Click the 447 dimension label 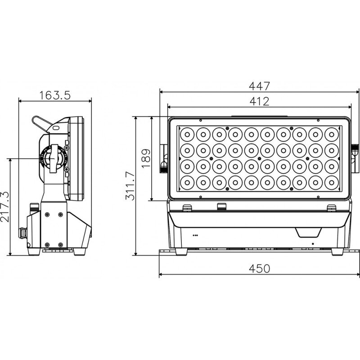[x=260, y=86]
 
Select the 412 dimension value [x=260, y=101]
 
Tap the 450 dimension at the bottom [x=260, y=268]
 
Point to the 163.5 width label [x=55, y=95]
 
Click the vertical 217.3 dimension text [x=5, y=207]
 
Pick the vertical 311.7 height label [x=130, y=186]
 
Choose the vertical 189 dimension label [x=146, y=158]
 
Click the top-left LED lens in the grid [x=187, y=134]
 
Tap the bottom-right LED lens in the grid [x=332, y=183]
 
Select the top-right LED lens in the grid [x=332, y=134]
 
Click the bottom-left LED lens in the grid [x=187, y=183]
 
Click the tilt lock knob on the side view [x=54, y=158]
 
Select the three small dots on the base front [x=195, y=235]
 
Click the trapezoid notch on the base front [x=308, y=233]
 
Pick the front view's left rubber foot [x=181, y=252]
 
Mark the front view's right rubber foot [x=337, y=252]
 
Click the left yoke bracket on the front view [x=164, y=158]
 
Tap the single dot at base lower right [x=313, y=244]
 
